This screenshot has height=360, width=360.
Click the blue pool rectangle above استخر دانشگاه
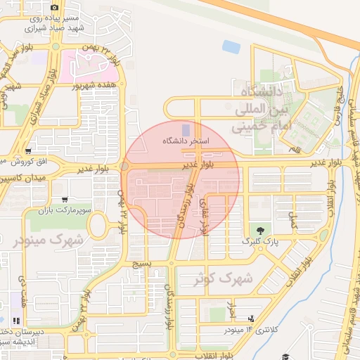coord(186,130)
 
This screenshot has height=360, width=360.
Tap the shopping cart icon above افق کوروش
coord(27,150)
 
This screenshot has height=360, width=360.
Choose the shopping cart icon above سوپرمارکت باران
coord(65,199)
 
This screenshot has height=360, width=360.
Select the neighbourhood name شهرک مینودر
coord(48,239)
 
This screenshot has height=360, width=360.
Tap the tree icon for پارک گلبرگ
coord(261,230)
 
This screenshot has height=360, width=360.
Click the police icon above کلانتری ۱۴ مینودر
coord(250,319)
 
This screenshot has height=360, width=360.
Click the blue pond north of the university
coord(231,47)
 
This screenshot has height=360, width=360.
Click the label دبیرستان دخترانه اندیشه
coord(18,337)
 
